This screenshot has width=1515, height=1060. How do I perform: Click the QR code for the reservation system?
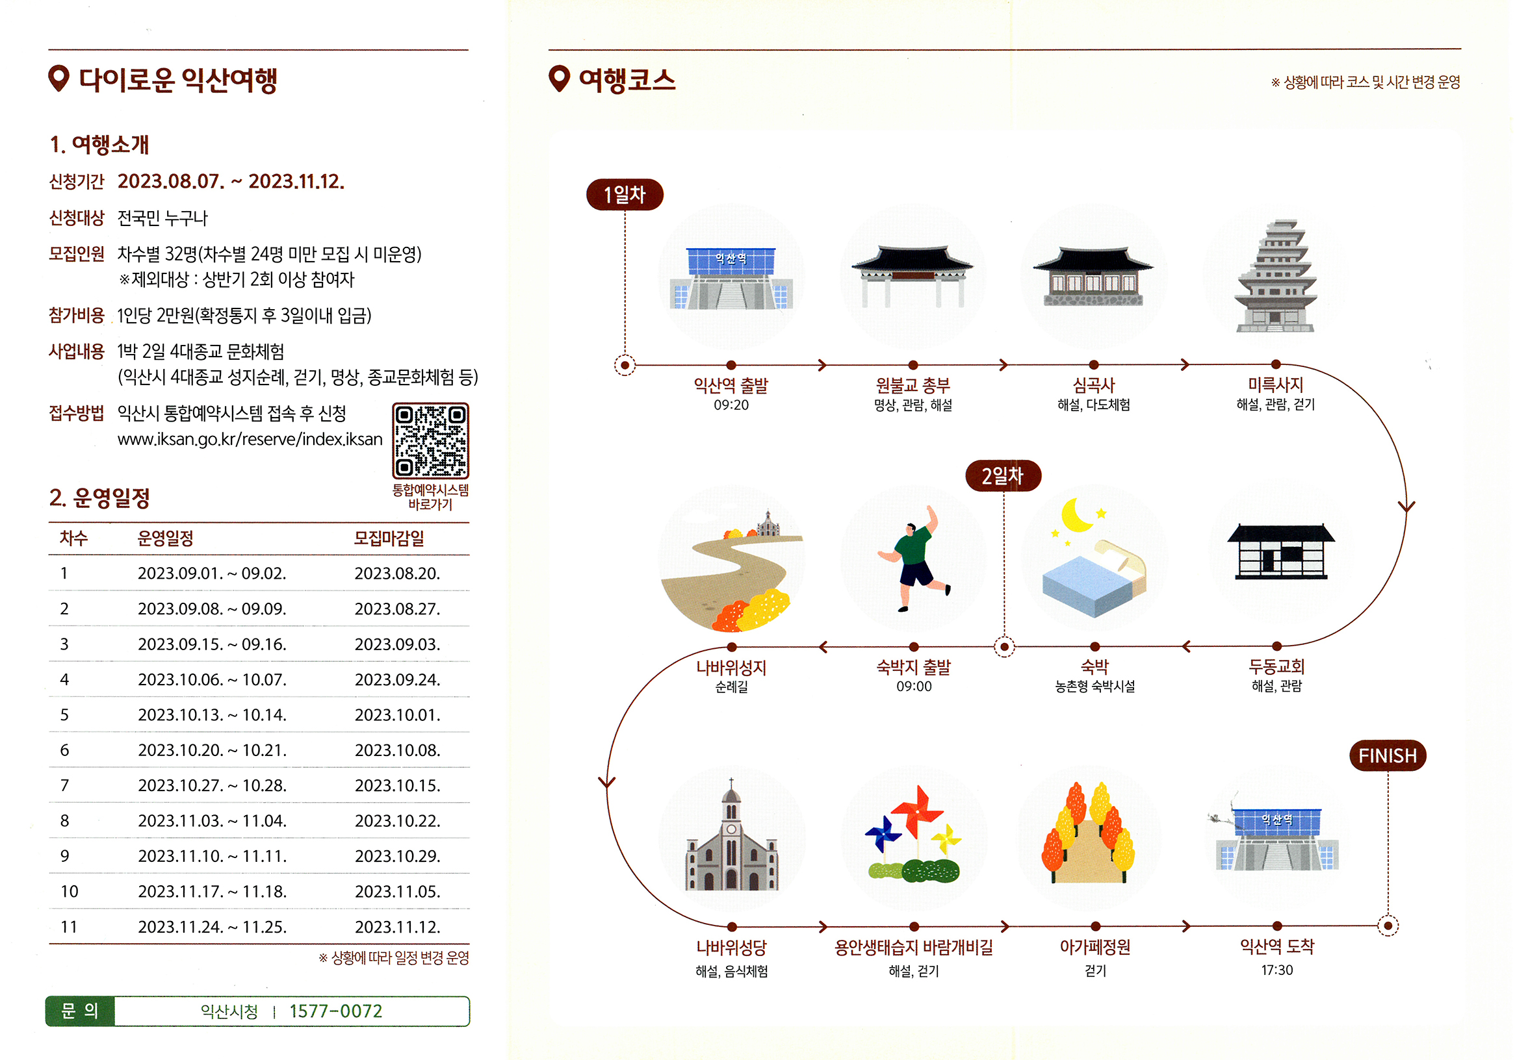(x=430, y=440)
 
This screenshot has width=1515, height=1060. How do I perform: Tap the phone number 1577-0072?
(x=335, y=1011)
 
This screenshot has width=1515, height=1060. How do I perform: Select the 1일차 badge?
(x=624, y=195)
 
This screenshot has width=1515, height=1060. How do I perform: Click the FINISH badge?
(x=1387, y=755)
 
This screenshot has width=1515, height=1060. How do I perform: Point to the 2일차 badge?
(x=1002, y=475)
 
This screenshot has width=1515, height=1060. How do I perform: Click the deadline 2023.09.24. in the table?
(x=397, y=679)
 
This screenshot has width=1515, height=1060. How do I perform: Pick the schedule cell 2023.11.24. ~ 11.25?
(x=212, y=927)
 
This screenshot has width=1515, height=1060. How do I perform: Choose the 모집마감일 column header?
(x=389, y=538)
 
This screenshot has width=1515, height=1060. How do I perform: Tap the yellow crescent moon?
(x=1076, y=515)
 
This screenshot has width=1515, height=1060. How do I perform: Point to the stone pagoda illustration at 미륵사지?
(x=1275, y=277)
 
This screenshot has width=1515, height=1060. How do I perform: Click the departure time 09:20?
(x=731, y=405)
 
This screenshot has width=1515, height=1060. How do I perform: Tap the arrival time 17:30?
(x=1276, y=970)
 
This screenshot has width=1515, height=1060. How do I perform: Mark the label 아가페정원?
(x=1094, y=947)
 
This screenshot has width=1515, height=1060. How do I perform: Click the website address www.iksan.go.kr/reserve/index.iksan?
(x=250, y=439)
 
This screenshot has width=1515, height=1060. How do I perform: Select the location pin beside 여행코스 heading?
(x=559, y=79)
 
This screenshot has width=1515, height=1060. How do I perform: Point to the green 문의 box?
(x=80, y=1011)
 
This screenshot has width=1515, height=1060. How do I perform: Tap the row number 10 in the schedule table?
(x=70, y=892)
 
